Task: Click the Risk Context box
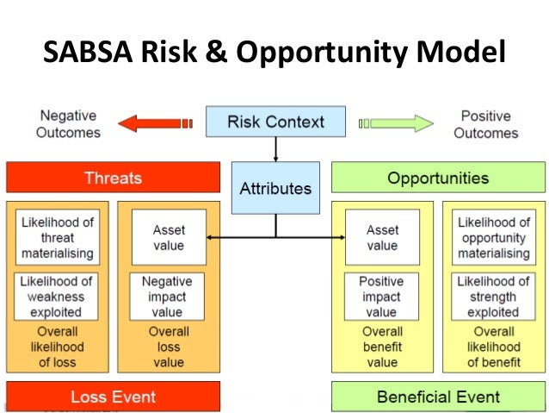click(x=274, y=121)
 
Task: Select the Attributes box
click(x=275, y=188)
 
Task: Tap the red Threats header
click(x=113, y=178)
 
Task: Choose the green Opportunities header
click(x=437, y=178)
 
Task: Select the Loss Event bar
click(x=113, y=397)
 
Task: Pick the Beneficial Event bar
click(x=437, y=397)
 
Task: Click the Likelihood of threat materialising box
click(x=57, y=237)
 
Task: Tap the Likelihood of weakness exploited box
click(x=57, y=297)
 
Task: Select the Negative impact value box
click(x=168, y=297)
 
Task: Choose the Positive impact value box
click(x=382, y=297)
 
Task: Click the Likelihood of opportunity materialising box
click(x=493, y=237)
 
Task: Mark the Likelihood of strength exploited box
click(x=493, y=297)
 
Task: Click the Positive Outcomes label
click(x=486, y=123)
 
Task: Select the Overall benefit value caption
click(x=382, y=347)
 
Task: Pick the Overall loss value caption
click(x=168, y=347)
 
